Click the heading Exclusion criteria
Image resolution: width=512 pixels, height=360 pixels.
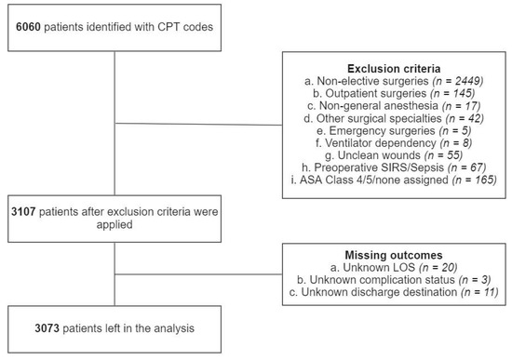click(x=395, y=68)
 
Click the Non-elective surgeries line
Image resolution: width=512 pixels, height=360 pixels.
click(x=395, y=82)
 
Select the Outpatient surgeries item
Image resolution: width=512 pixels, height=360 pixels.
click(x=395, y=95)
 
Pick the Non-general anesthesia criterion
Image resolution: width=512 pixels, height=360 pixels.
click(x=395, y=108)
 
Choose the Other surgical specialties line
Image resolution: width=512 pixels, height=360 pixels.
click(x=395, y=121)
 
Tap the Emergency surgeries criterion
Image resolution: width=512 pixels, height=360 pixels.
click(x=395, y=134)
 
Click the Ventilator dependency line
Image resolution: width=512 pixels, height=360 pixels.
click(x=395, y=147)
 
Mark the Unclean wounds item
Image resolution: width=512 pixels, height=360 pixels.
click(x=395, y=160)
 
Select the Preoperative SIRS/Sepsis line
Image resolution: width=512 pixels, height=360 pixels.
click(x=395, y=173)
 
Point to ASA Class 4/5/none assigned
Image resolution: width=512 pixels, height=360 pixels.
click(x=395, y=186)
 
